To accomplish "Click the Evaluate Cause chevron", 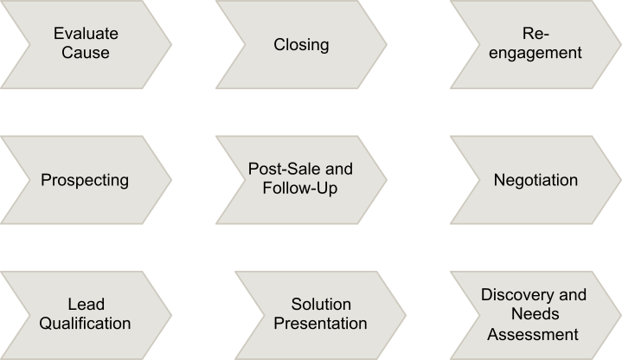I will [x=86, y=43].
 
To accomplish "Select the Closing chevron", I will [x=301, y=43].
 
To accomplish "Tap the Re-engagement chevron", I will [x=535, y=43].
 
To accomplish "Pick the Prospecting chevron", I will [x=86, y=181].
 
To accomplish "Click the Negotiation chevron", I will [x=535, y=181].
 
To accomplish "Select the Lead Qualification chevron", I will [x=86, y=314].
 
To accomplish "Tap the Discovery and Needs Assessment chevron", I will [x=535, y=313].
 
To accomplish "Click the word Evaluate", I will [x=86, y=35].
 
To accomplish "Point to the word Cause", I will [x=86, y=53].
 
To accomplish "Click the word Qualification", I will [x=87, y=324].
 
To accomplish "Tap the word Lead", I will [x=86, y=305].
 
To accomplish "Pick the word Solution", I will [x=321, y=305].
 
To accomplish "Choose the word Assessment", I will [x=535, y=332].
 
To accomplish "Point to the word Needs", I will [x=535, y=313].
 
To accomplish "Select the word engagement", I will [x=535, y=53].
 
